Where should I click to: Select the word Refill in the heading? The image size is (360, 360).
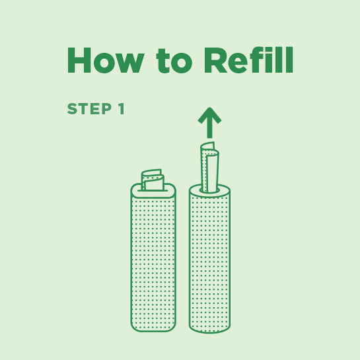(x=248, y=61)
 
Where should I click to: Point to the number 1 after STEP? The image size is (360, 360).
(x=121, y=110)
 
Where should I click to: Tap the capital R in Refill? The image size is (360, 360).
(x=216, y=61)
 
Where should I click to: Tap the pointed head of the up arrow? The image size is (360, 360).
(x=209, y=115)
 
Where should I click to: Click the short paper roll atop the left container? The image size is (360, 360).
(x=153, y=180)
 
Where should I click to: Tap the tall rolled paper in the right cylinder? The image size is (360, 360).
(x=210, y=168)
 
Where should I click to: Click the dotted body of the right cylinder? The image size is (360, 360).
(x=209, y=264)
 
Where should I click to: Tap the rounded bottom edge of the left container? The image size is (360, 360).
(x=153, y=330)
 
